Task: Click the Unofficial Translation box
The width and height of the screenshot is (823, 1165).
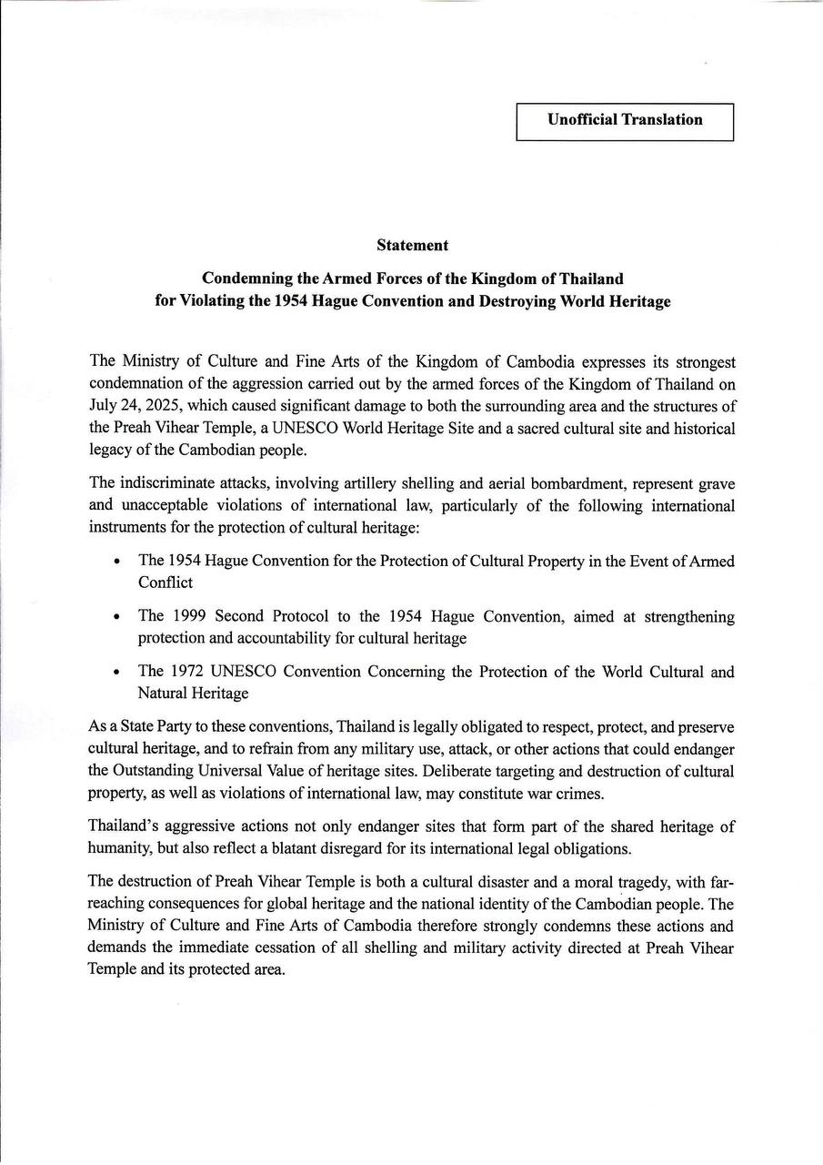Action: pos(625,120)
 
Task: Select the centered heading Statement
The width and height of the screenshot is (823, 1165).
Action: pos(412,245)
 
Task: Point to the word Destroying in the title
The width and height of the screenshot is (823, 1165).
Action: pos(518,301)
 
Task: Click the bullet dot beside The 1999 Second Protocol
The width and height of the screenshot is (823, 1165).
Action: pos(117,617)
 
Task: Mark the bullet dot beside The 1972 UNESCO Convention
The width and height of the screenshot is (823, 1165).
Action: pos(117,673)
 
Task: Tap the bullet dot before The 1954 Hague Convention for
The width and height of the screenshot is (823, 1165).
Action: pos(117,562)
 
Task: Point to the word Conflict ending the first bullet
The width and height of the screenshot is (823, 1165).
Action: pos(166,582)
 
